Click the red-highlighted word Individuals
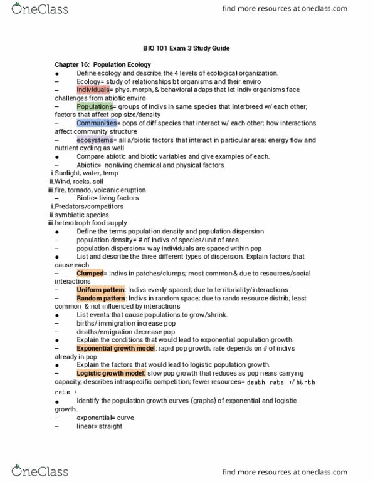(93, 90)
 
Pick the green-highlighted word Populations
(95, 106)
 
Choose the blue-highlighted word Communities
(98, 123)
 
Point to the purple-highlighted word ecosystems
(95, 140)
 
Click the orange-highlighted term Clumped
(90, 274)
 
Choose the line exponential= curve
(105, 417)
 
